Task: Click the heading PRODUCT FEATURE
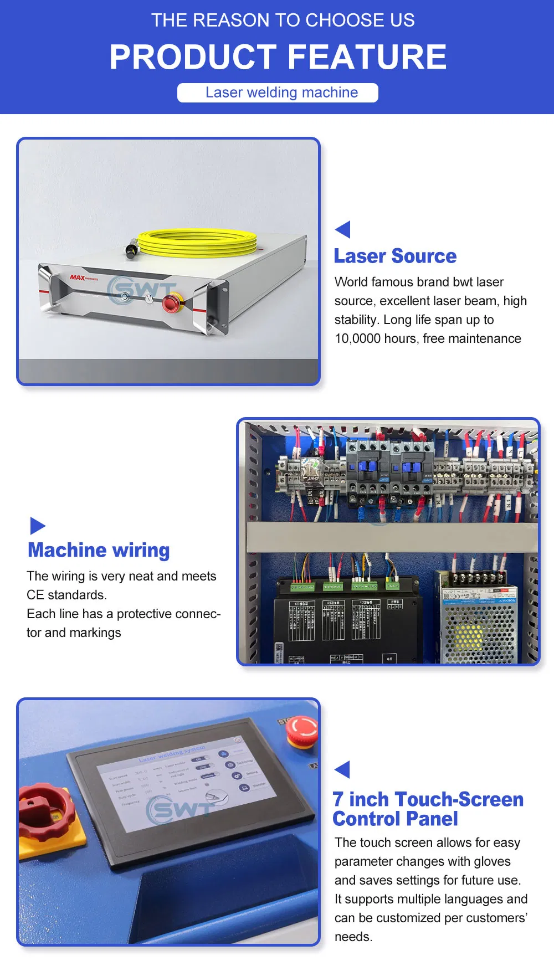[x=278, y=57]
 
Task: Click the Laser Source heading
[x=395, y=256]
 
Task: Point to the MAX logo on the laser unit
[x=78, y=278]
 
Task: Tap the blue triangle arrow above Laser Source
[x=343, y=229]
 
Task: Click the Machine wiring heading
[x=99, y=550]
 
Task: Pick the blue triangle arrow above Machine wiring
[x=37, y=526]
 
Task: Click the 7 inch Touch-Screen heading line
[x=428, y=799]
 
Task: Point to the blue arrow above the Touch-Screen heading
[x=343, y=769]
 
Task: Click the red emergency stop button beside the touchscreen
[x=301, y=731]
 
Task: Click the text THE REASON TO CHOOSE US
[x=283, y=20]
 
